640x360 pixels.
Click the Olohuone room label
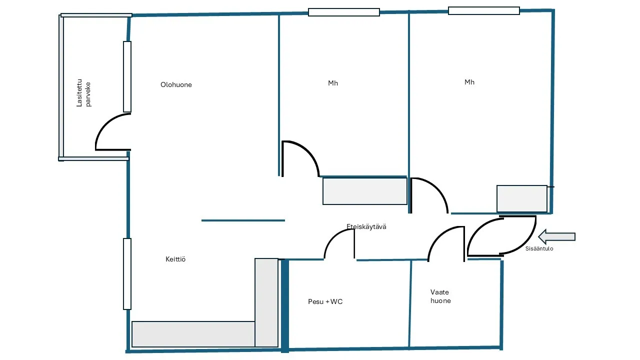pyautogui.click(x=176, y=84)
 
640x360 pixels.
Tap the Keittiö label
pyautogui.click(x=175, y=259)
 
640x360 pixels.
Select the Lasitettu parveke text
pyautogui.click(x=83, y=93)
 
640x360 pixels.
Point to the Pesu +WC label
pyautogui.click(x=325, y=301)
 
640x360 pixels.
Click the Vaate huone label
pyautogui.click(x=440, y=296)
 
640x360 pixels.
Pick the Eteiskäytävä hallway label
pyautogui.click(x=366, y=226)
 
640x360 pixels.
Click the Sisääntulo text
pyautogui.click(x=539, y=248)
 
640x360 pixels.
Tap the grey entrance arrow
pyautogui.click(x=556, y=237)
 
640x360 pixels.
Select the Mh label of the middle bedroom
pyautogui.click(x=333, y=83)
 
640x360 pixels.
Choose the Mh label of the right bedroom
pyautogui.click(x=469, y=82)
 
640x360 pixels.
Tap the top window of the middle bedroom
pyautogui.click(x=344, y=12)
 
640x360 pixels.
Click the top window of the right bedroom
pyautogui.click(x=483, y=11)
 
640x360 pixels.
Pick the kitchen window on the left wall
pyautogui.click(x=127, y=274)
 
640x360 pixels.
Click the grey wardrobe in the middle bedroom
pyautogui.click(x=365, y=191)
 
